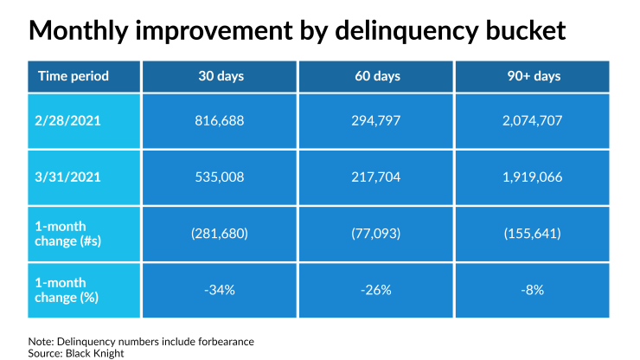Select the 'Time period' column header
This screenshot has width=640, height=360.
74,76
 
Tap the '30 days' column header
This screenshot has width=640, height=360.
221,76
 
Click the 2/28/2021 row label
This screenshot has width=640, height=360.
69,120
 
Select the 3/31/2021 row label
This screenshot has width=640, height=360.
69,177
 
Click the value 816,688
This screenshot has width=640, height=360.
221,120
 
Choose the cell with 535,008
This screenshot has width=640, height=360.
221,177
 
